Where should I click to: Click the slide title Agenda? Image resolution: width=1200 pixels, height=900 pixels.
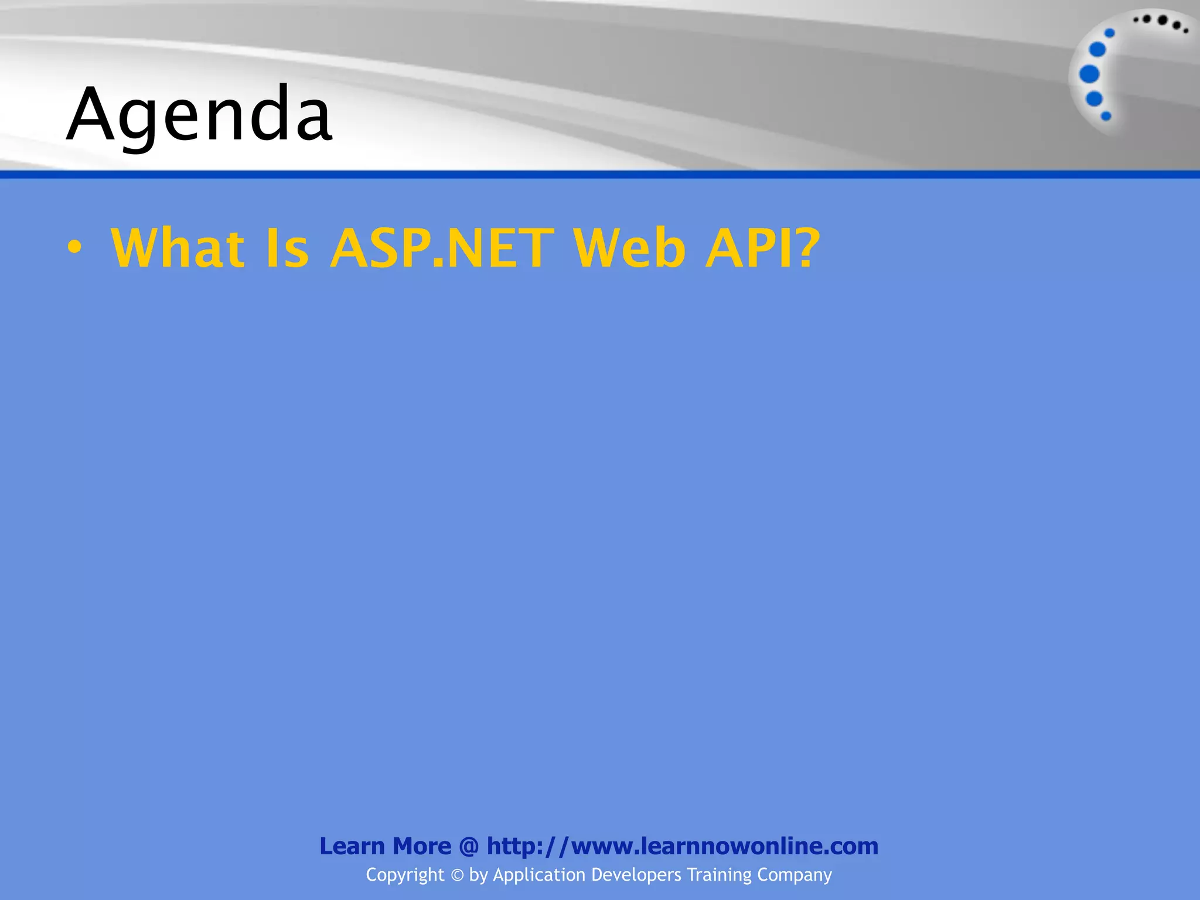pyautogui.click(x=199, y=115)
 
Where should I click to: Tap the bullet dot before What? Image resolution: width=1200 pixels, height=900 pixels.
pyautogui.click(x=74, y=248)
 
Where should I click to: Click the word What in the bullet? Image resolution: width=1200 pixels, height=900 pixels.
pyautogui.click(x=178, y=248)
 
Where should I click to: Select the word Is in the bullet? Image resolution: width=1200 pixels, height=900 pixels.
pyautogui.click(x=287, y=248)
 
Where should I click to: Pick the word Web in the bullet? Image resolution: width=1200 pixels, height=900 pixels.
pyautogui.click(x=629, y=248)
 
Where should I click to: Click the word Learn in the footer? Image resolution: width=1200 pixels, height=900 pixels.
pyautogui.click(x=352, y=846)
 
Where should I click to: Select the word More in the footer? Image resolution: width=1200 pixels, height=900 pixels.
pyautogui.click(x=422, y=846)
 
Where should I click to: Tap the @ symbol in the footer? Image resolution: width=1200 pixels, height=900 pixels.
pyautogui.click(x=469, y=847)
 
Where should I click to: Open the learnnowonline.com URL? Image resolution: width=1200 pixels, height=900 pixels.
pyautogui.click(x=683, y=846)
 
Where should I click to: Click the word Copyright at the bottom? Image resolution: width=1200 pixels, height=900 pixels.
pyautogui.click(x=405, y=875)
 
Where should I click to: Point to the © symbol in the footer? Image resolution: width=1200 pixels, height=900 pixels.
pyautogui.click(x=457, y=875)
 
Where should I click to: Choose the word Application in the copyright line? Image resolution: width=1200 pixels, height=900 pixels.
pyautogui.click(x=539, y=875)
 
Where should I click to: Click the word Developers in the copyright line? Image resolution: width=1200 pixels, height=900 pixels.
pyautogui.click(x=636, y=875)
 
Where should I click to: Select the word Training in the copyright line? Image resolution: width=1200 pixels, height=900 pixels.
pyautogui.click(x=719, y=875)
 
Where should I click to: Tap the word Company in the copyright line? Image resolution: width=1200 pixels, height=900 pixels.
pyautogui.click(x=795, y=875)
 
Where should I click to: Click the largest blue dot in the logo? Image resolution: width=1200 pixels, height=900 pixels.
pyautogui.click(x=1089, y=74)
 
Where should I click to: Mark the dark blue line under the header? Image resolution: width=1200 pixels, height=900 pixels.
pyautogui.click(x=600, y=175)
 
